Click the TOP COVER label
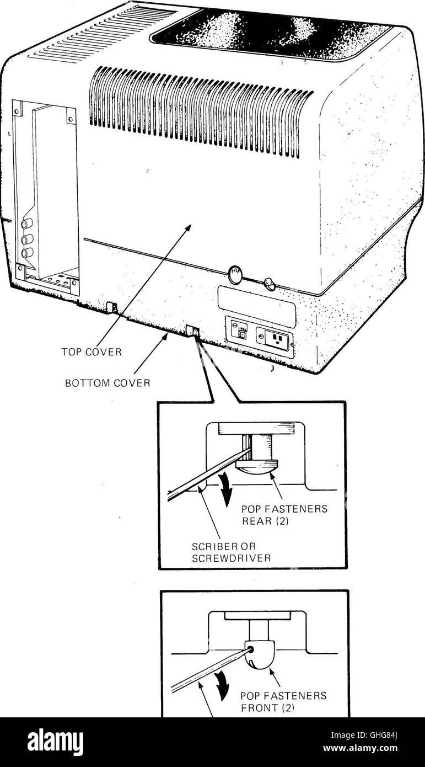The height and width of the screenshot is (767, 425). point(92,351)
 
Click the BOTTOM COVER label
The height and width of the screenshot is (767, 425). point(107,383)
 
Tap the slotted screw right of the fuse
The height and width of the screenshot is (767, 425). point(269,282)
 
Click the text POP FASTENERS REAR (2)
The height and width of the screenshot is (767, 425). point(284,515)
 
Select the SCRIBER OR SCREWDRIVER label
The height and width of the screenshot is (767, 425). point(232,552)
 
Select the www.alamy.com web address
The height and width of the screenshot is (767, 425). point(361,748)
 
